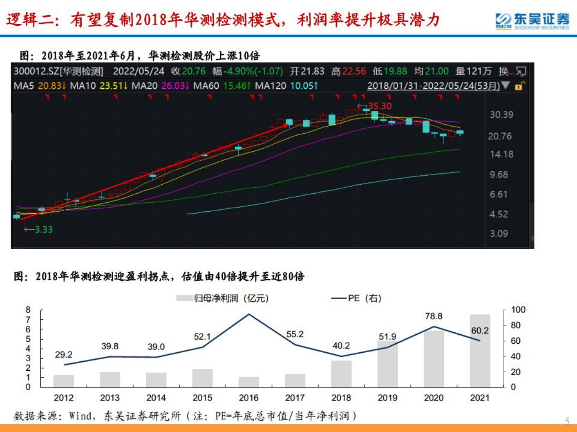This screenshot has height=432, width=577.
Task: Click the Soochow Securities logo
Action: coord(532,21)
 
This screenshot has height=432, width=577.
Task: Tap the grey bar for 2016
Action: coord(249,382)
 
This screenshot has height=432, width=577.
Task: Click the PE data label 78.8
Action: coord(434,317)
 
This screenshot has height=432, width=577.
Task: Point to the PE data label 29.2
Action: coord(64,355)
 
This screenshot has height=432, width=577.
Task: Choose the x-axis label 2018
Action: coord(341,398)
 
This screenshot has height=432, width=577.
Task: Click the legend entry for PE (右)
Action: coord(357,298)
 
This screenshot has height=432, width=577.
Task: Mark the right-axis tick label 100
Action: coord(518,310)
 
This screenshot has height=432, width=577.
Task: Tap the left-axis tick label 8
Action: coord(28,310)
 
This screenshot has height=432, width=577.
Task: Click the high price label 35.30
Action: coord(380,106)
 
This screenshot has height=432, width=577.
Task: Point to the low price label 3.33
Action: coord(44,229)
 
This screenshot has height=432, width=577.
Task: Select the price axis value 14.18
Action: coord(502,155)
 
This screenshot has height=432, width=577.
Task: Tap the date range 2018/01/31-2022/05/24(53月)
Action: coord(433,85)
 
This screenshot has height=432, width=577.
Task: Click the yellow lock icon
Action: coord(519,86)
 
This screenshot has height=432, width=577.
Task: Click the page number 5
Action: coord(567,421)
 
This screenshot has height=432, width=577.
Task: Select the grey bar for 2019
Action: coord(387,364)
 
